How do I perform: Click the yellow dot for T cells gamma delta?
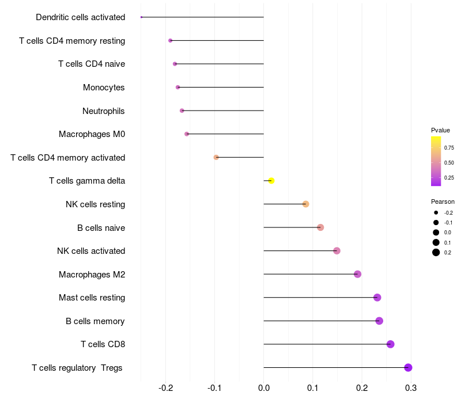[271, 181]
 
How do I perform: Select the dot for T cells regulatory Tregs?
[408, 368]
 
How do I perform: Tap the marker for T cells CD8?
[390, 344]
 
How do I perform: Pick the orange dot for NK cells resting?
[306, 204]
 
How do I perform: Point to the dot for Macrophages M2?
[357, 274]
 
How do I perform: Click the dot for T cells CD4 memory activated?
[216, 157]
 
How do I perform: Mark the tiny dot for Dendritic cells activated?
[141, 17]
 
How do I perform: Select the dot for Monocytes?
[177, 88]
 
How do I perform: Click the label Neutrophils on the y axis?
[104, 111]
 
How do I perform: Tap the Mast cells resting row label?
[92, 298]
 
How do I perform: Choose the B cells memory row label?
[95, 321]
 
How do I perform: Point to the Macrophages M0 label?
[92, 134]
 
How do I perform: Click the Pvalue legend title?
[440, 130]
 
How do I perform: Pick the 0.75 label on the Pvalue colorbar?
[449, 148]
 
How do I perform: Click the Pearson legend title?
[443, 201]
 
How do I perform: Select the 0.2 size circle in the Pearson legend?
[436, 252]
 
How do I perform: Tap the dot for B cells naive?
[320, 227]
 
